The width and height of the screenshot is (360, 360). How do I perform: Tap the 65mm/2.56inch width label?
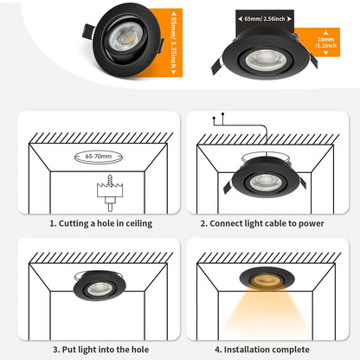pyautogui.click(x=267, y=16)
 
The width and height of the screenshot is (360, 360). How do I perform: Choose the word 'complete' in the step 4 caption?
pyautogui.click(x=290, y=350)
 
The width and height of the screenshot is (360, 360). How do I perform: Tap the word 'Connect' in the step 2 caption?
pyautogui.click(x=231, y=223)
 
